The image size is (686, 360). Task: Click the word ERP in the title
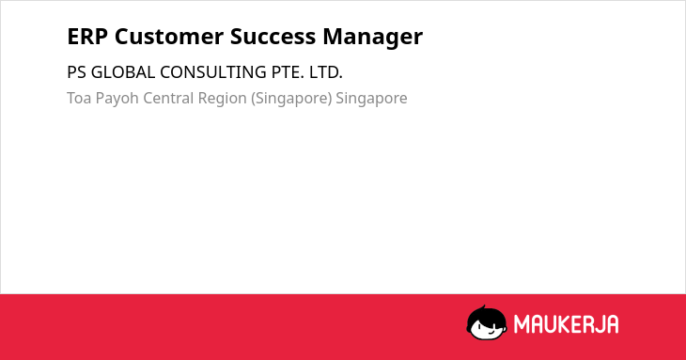pyautogui.click(x=87, y=37)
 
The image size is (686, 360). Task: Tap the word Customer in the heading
pyautogui.click(x=169, y=37)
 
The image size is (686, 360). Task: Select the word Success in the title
pyautogui.click(x=273, y=37)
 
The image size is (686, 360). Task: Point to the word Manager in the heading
pyautogui.click(x=373, y=38)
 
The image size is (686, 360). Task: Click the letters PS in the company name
pyautogui.click(x=76, y=72)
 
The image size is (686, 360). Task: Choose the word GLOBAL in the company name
pyautogui.click(x=123, y=72)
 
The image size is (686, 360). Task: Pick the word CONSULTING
pyautogui.click(x=213, y=72)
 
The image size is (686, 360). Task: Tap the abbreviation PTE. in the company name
pyautogui.click(x=288, y=72)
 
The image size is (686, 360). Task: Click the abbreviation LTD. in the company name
pyautogui.click(x=326, y=72)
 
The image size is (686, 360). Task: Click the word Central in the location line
pyautogui.click(x=168, y=98)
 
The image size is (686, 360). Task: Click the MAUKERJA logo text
pyautogui.click(x=566, y=324)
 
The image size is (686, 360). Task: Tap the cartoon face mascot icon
pyautogui.click(x=487, y=322)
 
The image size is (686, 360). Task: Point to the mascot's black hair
pyautogui.click(x=486, y=314)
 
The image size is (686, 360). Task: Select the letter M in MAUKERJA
pyautogui.click(x=522, y=324)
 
